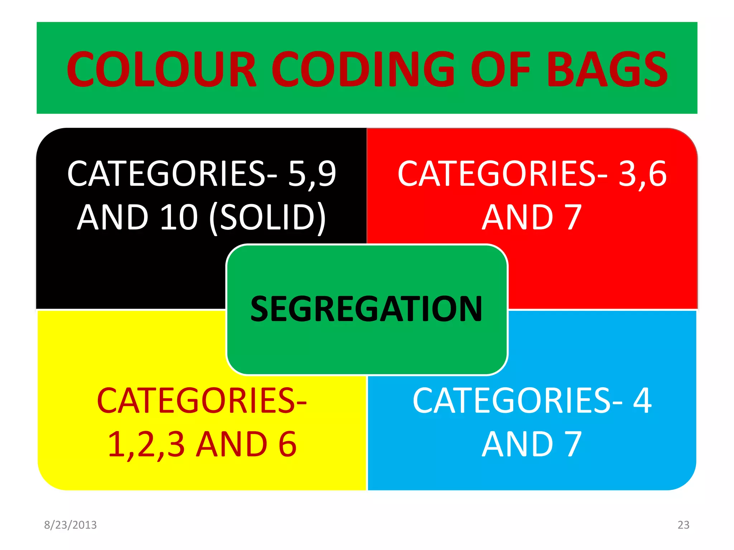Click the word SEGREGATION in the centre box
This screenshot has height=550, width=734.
click(366, 309)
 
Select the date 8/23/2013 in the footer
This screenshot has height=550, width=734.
click(70, 525)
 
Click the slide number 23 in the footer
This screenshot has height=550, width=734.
click(683, 525)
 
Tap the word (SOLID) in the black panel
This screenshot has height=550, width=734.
click(267, 218)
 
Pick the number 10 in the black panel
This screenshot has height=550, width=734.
click(179, 217)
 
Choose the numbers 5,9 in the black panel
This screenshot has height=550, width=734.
click(312, 174)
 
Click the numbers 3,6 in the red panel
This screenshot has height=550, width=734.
click(642, 174)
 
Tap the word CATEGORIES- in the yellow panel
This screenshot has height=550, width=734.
click(202, 401)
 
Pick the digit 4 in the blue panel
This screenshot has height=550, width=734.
click(642, 401)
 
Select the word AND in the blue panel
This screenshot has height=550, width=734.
click(518, 444)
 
